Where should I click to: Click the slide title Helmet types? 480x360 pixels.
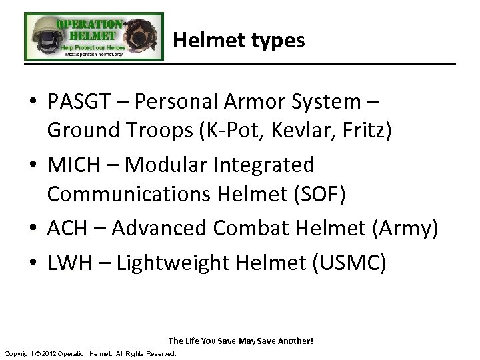tap(239, 41)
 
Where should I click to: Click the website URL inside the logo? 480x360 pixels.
tap(93, 55)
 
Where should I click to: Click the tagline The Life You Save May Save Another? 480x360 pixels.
tap(241, 341)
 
